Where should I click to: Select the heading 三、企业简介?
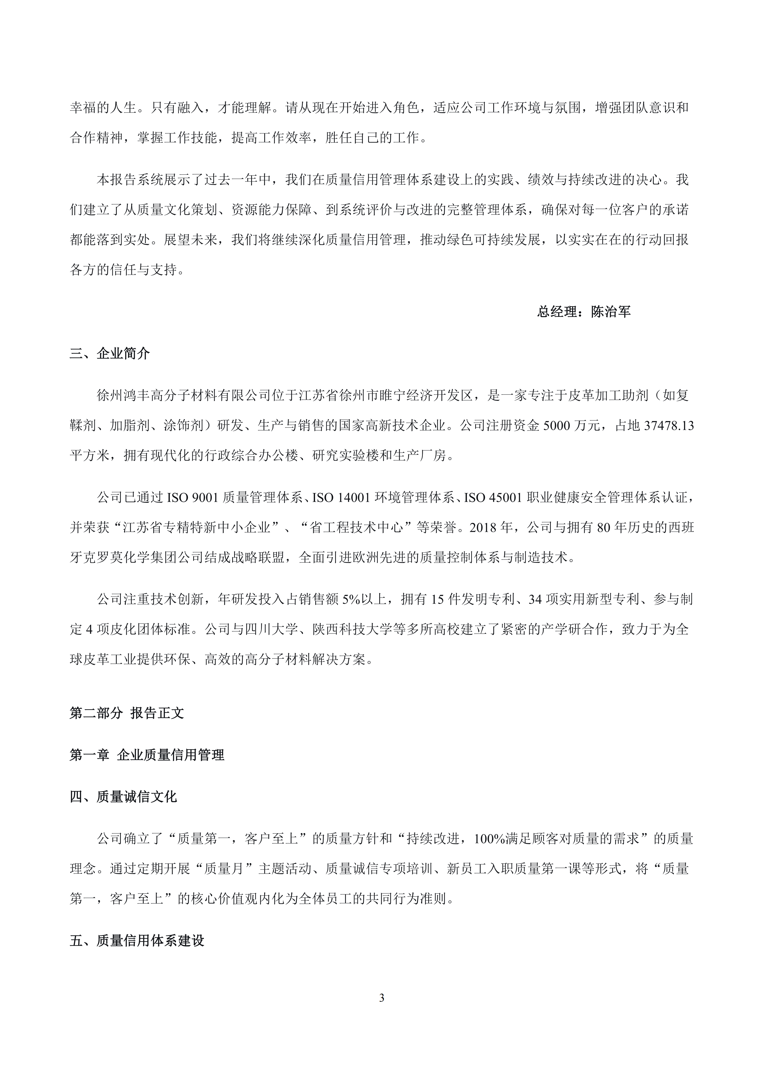point(110,354)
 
